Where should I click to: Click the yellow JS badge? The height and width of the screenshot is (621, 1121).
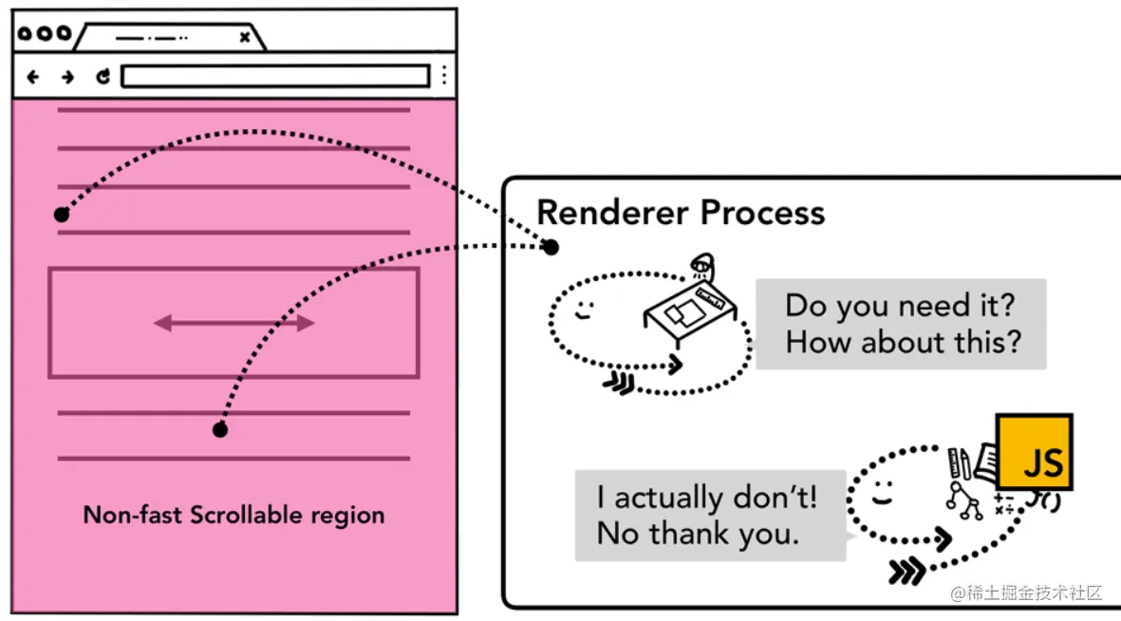coord(1033,452)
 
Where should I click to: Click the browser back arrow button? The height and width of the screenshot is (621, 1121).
coord(33,77)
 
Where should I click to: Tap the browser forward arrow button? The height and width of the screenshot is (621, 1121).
coord(67,77)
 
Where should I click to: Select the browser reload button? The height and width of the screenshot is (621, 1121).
coord(103,77)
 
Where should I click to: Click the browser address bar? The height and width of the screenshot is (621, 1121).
coord(275,76)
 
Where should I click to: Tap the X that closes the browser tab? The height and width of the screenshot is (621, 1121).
coord(245,37)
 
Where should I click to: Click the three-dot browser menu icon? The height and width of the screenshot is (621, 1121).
coord(443,76)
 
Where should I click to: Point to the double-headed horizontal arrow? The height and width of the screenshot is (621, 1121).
coord(234,324)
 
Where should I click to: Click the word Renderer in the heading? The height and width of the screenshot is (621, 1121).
coord(610,212)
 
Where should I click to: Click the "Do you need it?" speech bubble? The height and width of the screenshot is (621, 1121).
coord(901,324)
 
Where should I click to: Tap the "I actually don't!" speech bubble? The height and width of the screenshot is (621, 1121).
coord(709,516)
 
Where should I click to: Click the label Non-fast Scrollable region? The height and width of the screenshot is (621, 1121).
coord(234,516)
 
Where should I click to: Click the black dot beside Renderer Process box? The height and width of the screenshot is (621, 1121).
coord(551,247)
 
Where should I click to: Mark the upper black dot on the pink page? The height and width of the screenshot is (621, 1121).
coord(62,215)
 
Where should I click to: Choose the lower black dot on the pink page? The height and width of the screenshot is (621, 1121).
coord(220,430)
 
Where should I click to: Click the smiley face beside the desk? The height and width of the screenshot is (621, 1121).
coord(584,310)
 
